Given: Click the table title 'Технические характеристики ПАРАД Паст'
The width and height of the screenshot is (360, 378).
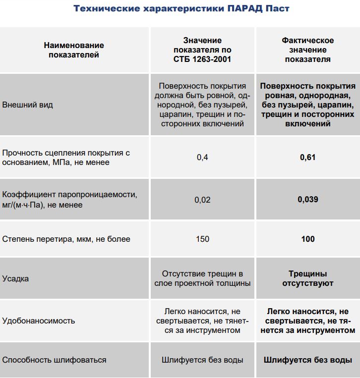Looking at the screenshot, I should coord(181,8).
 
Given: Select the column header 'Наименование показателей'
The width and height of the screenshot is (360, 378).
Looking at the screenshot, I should coord(74,50).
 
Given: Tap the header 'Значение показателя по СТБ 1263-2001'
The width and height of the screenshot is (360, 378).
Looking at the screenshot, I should coord(202,50).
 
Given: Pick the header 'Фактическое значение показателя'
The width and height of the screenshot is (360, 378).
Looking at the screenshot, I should coord(307,50).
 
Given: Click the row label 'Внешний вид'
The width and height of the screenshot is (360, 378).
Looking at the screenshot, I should coord(28,105).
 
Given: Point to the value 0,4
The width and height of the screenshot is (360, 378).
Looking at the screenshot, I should coord(202,158).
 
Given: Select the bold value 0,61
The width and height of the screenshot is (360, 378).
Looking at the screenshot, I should coord(307,158).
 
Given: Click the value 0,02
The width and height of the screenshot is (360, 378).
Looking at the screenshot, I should coord(202,200).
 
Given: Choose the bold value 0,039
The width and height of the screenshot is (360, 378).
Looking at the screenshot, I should coord(307,200).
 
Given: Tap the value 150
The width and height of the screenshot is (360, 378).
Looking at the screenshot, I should coord(202,239).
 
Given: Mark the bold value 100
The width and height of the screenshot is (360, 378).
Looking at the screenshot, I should coord(307,239).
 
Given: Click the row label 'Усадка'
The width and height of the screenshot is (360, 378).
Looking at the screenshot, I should coord(16,278).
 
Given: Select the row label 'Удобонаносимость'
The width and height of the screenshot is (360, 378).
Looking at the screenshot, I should coord(39,321).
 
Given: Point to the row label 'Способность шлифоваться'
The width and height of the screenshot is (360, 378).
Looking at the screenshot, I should coord(54,360).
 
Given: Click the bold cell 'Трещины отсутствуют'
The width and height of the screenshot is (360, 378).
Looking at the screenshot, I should coord(307,278).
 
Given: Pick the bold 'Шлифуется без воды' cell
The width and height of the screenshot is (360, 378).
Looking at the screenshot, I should coord(307,360).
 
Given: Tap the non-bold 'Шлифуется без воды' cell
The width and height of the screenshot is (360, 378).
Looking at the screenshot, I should coord(202,360).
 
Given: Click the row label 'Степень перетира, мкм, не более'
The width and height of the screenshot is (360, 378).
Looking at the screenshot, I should coord(66,239).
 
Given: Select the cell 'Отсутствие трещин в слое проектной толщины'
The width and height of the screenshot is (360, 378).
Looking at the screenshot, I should coord(202,278).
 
